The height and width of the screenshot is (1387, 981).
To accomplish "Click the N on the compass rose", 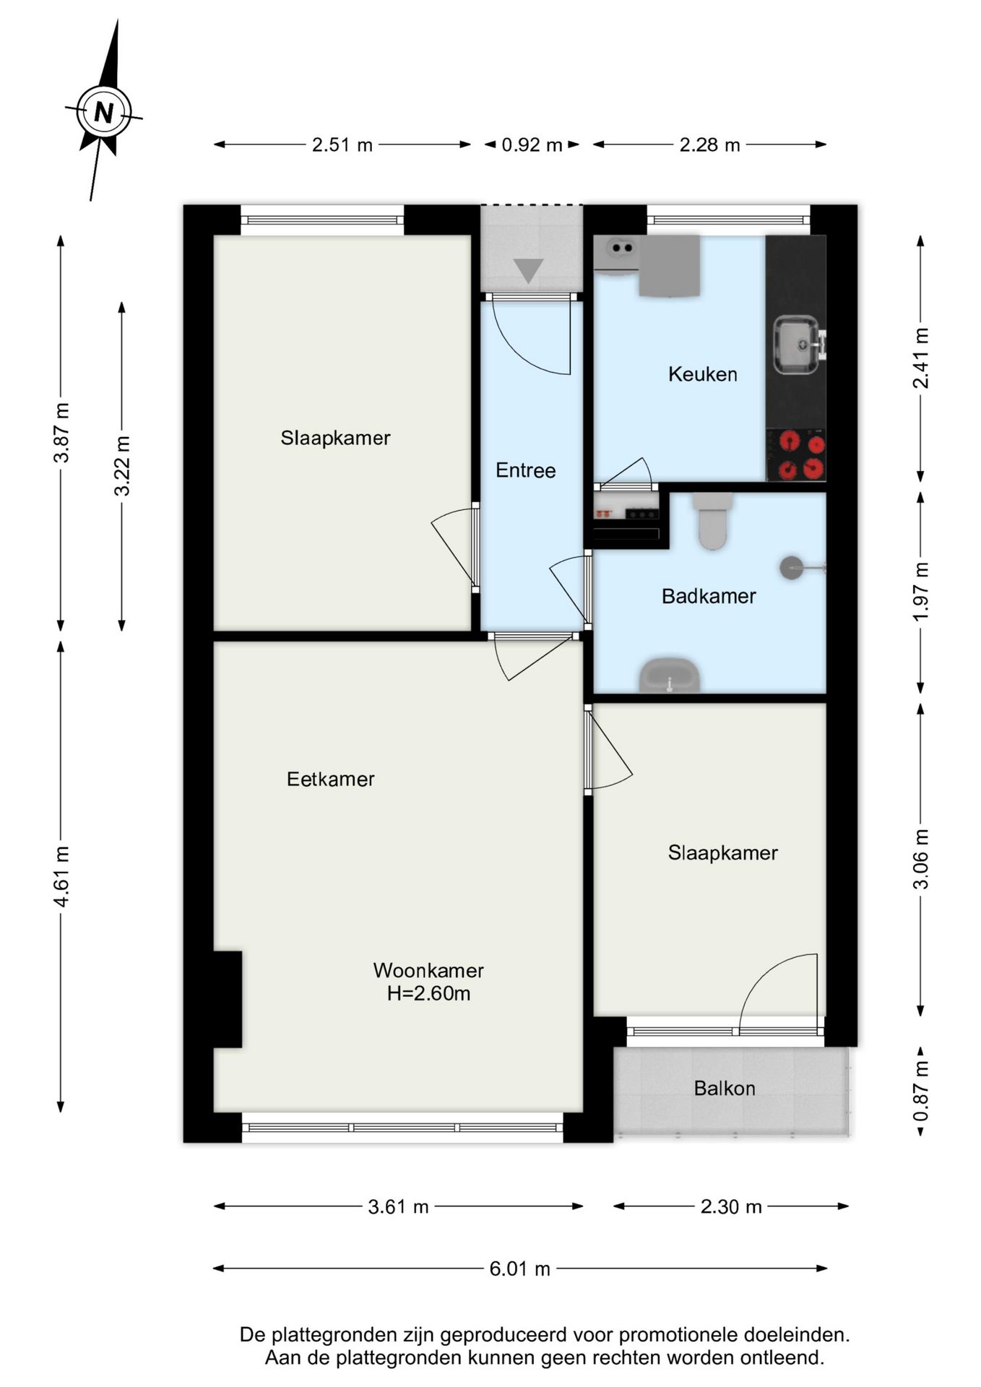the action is (105, 113).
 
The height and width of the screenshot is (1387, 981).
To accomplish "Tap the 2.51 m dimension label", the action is (342, 145).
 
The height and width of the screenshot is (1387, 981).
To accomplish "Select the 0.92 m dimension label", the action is (532, 145).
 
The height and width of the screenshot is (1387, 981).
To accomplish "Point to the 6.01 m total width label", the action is (520, 1269).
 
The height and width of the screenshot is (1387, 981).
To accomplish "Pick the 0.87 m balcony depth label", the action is (921, 1091).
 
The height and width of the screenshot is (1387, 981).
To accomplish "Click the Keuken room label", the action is (703, 374).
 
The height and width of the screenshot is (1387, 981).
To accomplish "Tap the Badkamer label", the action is (709, 596).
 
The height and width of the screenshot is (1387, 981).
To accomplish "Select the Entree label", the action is (526, 470).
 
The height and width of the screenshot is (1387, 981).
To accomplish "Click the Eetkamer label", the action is (331, 779).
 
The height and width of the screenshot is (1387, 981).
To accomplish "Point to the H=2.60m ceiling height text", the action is (429, 993).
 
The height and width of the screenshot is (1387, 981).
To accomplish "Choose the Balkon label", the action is (725, 1088).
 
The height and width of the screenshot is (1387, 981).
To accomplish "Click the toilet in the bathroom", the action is (712, 520).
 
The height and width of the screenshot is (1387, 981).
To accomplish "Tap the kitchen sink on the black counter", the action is (798, 346).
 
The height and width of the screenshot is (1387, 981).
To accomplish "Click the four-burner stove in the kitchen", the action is (796, 455).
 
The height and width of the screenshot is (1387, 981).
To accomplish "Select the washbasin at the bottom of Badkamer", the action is (670, 675).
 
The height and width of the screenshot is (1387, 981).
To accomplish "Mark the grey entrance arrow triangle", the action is (529, 270).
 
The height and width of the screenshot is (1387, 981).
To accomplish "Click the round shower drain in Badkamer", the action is (791, 567).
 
